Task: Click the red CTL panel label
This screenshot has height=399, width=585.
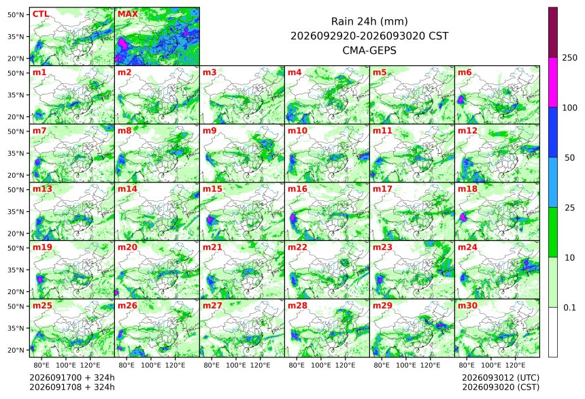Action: coord(41,14)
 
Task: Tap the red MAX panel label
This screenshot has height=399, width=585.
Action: coord(128,14)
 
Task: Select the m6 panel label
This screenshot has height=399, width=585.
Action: coord(465,72)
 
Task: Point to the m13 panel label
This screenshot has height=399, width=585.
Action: coord(43,189)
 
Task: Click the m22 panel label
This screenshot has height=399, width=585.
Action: coord(297,247)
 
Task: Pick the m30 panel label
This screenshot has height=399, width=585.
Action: coord(467,306)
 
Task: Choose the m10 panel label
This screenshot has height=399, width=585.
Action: coord(297,131)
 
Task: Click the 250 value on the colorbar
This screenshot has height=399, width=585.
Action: coord(569,58)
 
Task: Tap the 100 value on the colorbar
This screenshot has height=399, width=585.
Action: coord(569,108)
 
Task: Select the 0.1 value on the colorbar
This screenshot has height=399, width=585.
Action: coord(569,308)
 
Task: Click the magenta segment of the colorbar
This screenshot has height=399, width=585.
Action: coord(553,82)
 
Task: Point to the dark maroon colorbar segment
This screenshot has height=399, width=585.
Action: coord(553,33)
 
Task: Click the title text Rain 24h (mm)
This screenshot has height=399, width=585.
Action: coord(369,21)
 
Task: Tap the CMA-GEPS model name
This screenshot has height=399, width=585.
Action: coord(369,50)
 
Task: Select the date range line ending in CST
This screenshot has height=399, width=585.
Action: coord(369,36)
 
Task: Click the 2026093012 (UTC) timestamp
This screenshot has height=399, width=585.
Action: coord(501,378)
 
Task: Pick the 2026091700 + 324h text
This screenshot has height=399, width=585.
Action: coord(72,378)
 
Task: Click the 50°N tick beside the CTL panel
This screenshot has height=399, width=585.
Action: coord(16,14)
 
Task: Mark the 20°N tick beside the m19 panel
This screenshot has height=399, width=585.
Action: coord(16,292)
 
